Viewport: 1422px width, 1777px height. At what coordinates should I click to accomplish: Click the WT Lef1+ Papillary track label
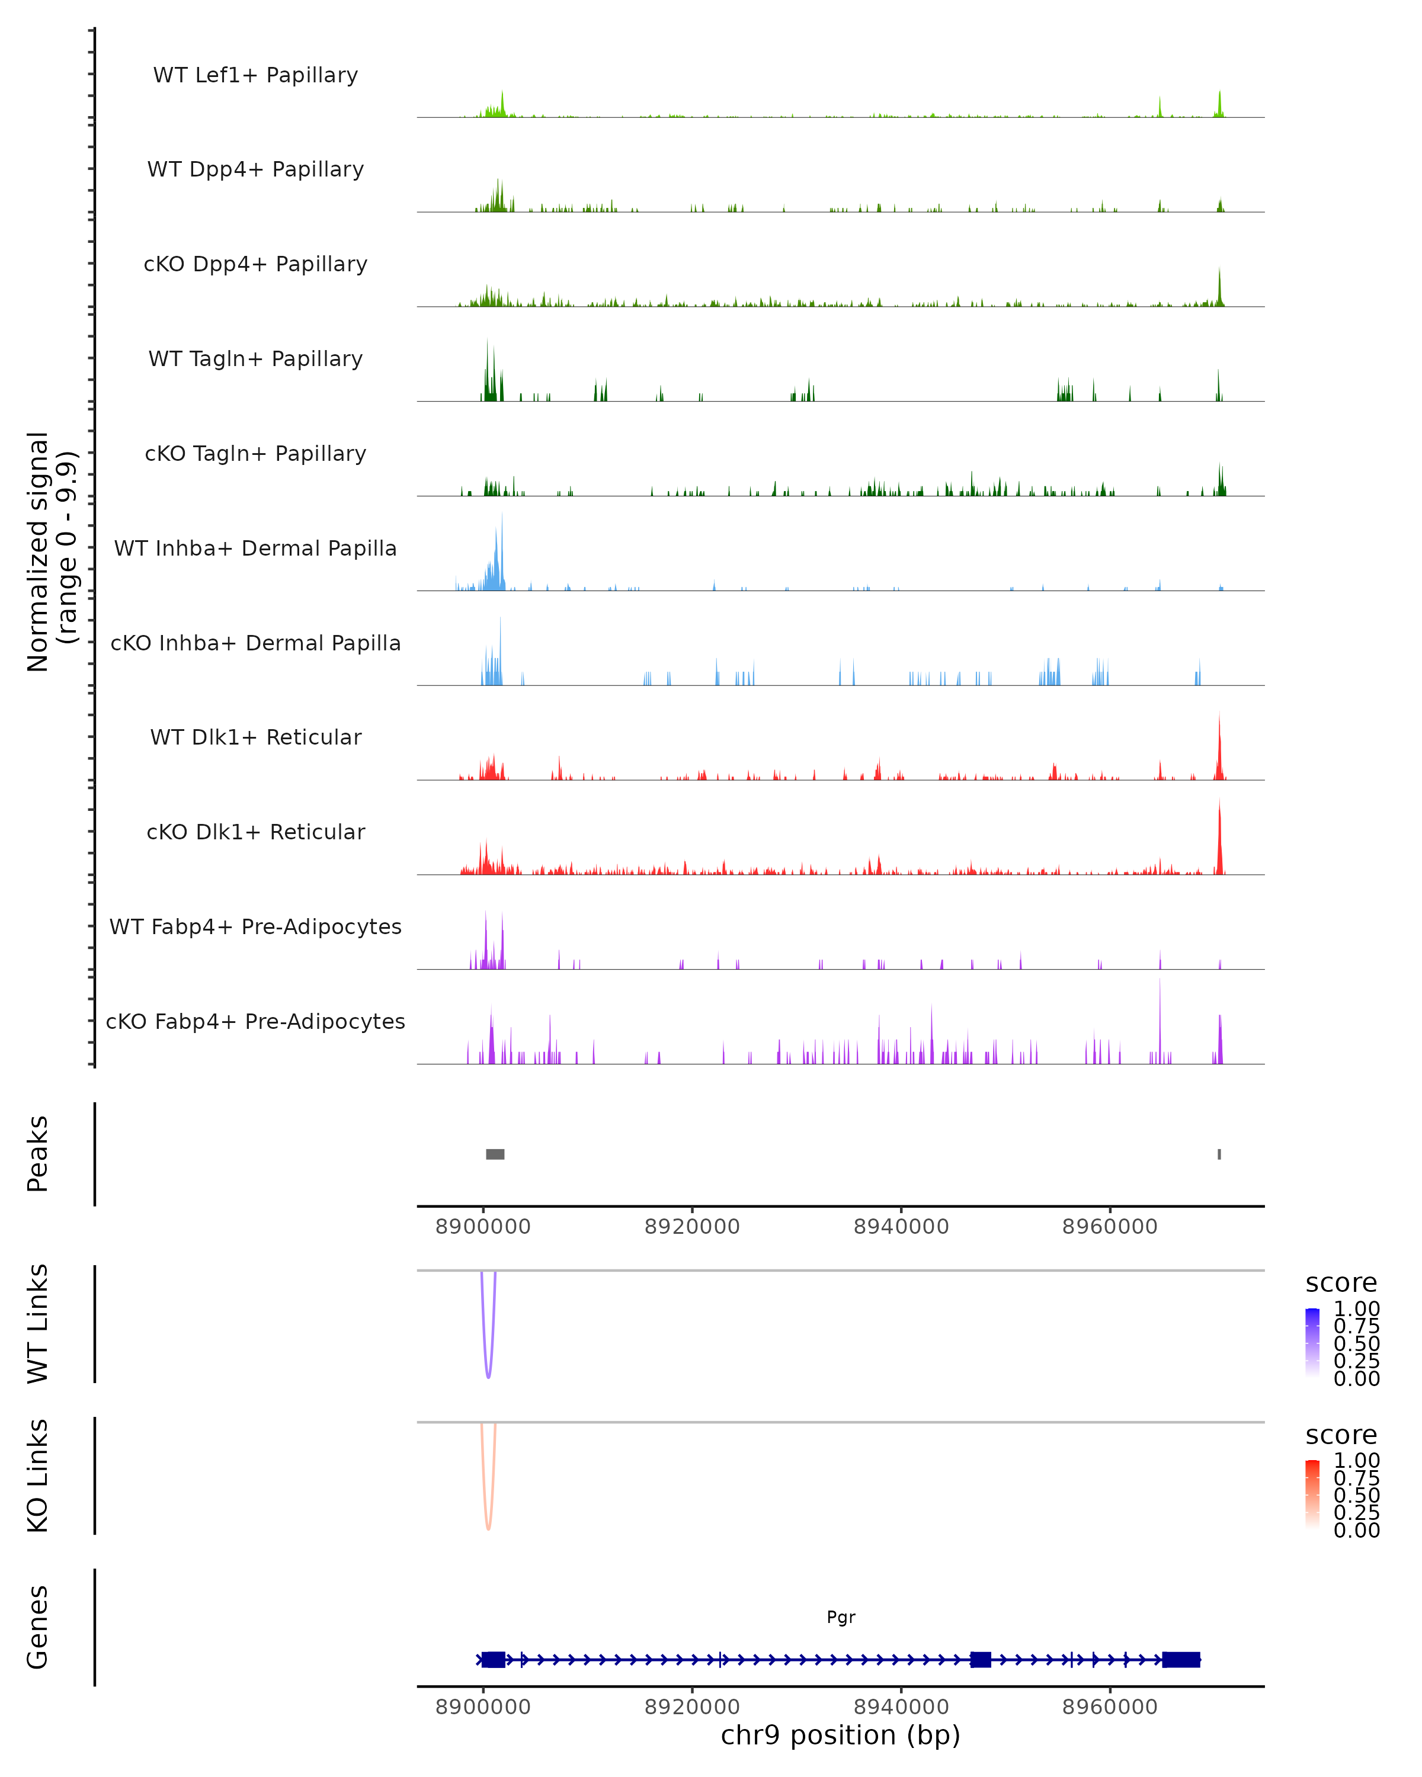click(255, 75)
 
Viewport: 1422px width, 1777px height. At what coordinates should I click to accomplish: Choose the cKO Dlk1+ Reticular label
click(255, 832)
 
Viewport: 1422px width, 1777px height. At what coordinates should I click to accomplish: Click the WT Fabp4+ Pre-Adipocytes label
click(255, 926)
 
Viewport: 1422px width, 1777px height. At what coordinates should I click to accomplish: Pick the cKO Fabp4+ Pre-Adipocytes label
click(255, 1021)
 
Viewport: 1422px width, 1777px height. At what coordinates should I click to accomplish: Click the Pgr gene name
click(841, 1617)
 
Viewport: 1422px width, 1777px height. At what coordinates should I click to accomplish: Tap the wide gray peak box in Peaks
click(495, 1154)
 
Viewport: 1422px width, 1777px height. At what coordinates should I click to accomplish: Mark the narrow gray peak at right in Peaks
click(1219, 1154)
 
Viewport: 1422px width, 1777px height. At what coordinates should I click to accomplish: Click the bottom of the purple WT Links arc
click(488, 1377)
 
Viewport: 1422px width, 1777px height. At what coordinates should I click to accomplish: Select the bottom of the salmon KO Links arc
click(488, 1528)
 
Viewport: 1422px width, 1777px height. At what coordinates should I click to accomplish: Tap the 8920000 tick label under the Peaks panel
click(691, 1227)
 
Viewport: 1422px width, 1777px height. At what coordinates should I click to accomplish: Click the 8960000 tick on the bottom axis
click(1110, 1707)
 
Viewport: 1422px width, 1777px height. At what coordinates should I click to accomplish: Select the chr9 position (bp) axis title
click(840, 1736)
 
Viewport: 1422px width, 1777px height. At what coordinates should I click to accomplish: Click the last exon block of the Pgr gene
click(1180, 1660)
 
